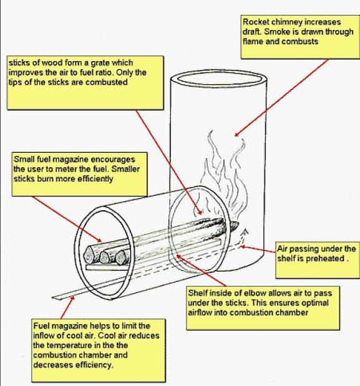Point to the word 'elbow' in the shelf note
pyautogui.click(x=255, y=293)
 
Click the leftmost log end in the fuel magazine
pyautogui.click(x=89, y=254)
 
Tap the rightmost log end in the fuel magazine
pyautogui.click(x=120, y=258)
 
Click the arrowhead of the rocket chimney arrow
pyautogui.click(x=236, y=134)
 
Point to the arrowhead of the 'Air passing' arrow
pyautogui.click(x=243, y=246)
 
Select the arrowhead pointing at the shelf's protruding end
pyautogui.click(x=72, y=298)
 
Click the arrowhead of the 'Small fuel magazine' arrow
pyautogui.click(x=99, y=240)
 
